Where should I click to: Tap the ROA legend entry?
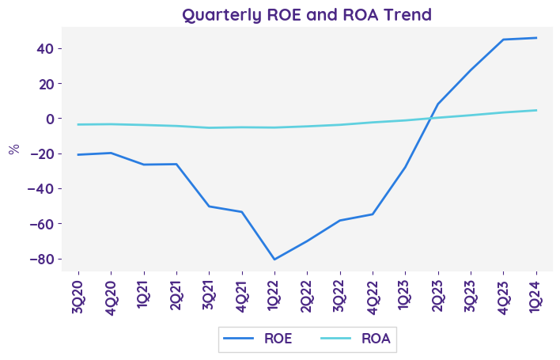356,339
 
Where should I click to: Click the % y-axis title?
13,150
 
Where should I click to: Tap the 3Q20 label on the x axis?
78,295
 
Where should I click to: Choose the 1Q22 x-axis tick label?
274,295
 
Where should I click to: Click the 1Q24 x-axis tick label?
535,295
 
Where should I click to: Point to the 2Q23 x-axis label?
437,295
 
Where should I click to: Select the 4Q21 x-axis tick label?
242,295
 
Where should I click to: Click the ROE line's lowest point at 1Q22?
274,260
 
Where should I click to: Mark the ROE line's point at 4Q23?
503,40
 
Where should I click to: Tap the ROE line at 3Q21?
209,207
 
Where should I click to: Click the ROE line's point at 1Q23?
405,168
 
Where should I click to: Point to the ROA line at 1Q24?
535,110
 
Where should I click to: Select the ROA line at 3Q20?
78,124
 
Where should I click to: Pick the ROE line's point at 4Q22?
373,214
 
